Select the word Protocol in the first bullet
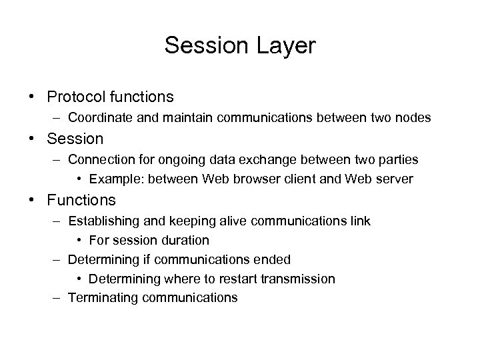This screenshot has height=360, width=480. point(76,97)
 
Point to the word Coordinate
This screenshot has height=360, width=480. point(99,118)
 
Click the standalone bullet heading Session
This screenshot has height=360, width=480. point(76,139)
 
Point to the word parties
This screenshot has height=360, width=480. point(396,160)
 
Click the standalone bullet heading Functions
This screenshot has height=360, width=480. point(81,199)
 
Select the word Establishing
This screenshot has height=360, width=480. point(103,221)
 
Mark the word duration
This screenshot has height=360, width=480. point(184,240)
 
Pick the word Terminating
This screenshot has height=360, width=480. point(100,297)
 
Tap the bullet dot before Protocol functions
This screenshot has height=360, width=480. point(32,97)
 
